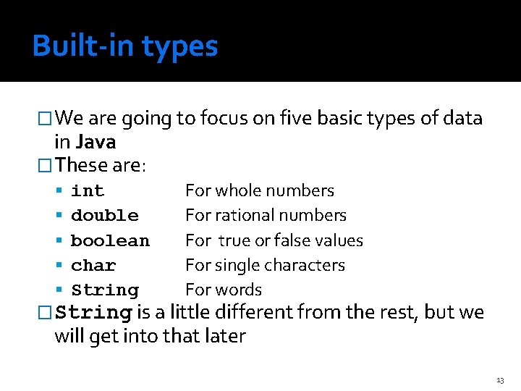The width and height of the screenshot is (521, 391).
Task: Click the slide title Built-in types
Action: (124, 46)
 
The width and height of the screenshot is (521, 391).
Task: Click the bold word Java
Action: (96, 142)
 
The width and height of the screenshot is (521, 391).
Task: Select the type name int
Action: (88, 191)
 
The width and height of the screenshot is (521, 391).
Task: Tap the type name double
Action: (105, 216)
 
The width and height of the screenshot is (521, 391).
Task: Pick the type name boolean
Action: (110, 240)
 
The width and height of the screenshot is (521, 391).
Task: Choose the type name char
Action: (93, 266)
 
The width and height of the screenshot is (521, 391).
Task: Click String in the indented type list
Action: (105, 290)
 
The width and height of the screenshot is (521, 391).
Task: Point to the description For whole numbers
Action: (260, 191)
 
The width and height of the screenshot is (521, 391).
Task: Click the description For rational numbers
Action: (266, 216)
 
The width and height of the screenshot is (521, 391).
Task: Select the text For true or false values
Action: (274, 240)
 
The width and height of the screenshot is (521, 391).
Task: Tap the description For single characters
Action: (265, 266)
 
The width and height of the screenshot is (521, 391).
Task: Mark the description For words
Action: (224, 290)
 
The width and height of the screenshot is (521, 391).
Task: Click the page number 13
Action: (500, 380)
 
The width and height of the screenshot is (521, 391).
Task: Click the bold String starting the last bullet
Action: (93, 314)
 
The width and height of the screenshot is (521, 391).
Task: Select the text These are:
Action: (101, 165)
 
